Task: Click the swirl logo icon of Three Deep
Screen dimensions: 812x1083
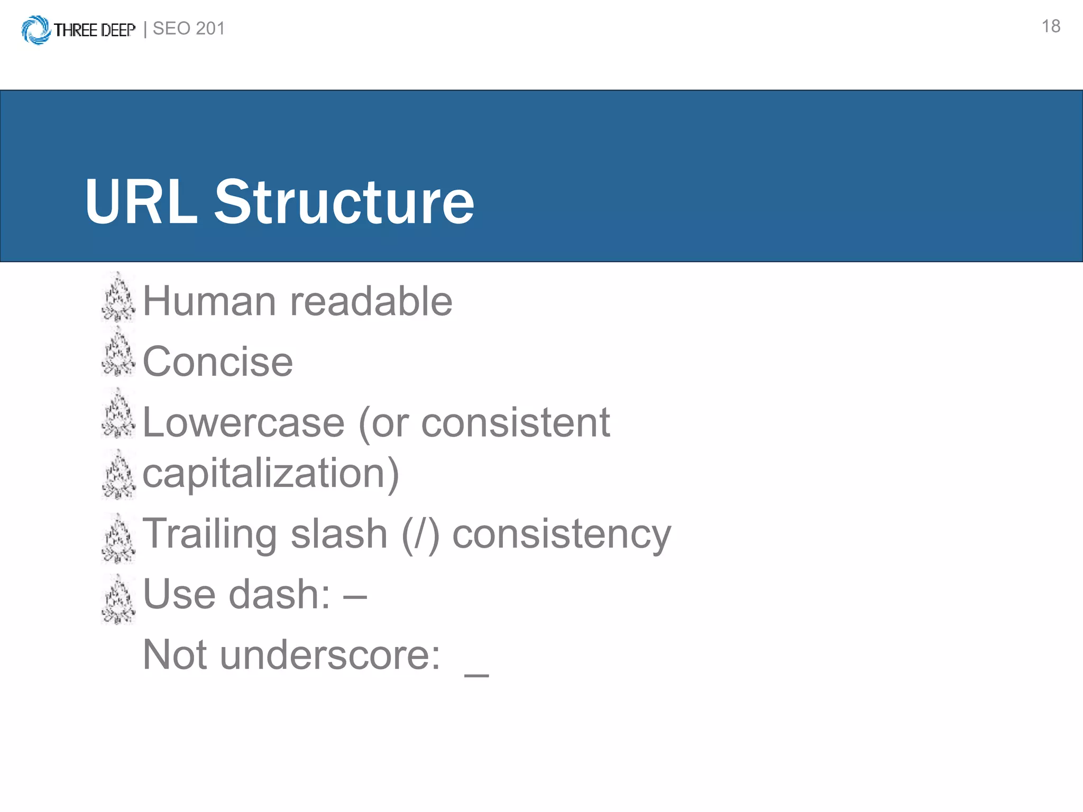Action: (x=35, y=30)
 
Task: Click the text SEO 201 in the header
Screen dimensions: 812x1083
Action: (x=189, y=29)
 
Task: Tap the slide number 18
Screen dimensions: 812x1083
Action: (x=1050, y=26)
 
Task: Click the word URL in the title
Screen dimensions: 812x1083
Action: (x=141, y=202)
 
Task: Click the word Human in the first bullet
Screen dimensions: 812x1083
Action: (x=209, y=301)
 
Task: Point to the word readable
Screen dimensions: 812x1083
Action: (x=371, y=301)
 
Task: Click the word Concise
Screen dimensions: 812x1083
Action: (x=217, y=362)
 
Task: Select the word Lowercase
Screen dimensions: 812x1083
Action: (x=244, y=423)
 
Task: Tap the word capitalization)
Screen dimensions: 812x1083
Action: (x=271, y=474)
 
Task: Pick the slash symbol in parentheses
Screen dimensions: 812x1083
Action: (x=421, y=535)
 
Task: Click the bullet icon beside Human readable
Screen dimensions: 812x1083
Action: (x=118, y=298)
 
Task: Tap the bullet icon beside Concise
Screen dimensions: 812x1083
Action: (x=118, y=352)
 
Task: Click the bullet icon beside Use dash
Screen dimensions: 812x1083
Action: (x=118, y=600)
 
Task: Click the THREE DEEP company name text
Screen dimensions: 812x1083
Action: (x=94, y=30)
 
